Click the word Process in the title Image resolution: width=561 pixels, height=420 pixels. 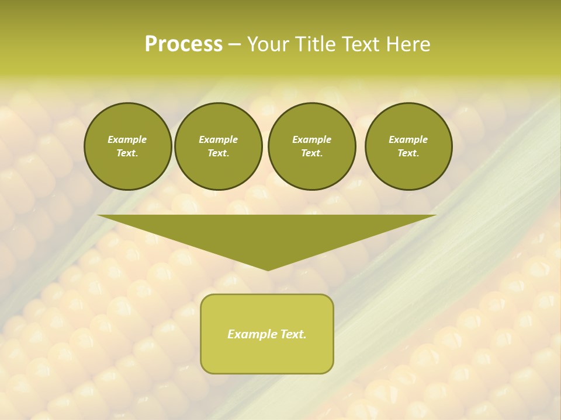(183, 44)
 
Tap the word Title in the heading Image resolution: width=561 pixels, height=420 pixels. (314, 44)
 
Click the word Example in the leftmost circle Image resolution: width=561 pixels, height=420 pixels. (127, 139)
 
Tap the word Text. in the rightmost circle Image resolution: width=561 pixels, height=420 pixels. (408, 153)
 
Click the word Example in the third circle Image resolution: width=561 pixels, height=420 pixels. (311, 139)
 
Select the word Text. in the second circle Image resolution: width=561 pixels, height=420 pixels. (218, 153)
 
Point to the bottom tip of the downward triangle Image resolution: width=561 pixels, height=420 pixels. (268, 269)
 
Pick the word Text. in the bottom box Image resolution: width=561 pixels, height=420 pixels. (293, 334)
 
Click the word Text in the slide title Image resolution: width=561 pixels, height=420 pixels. (361, 44)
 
